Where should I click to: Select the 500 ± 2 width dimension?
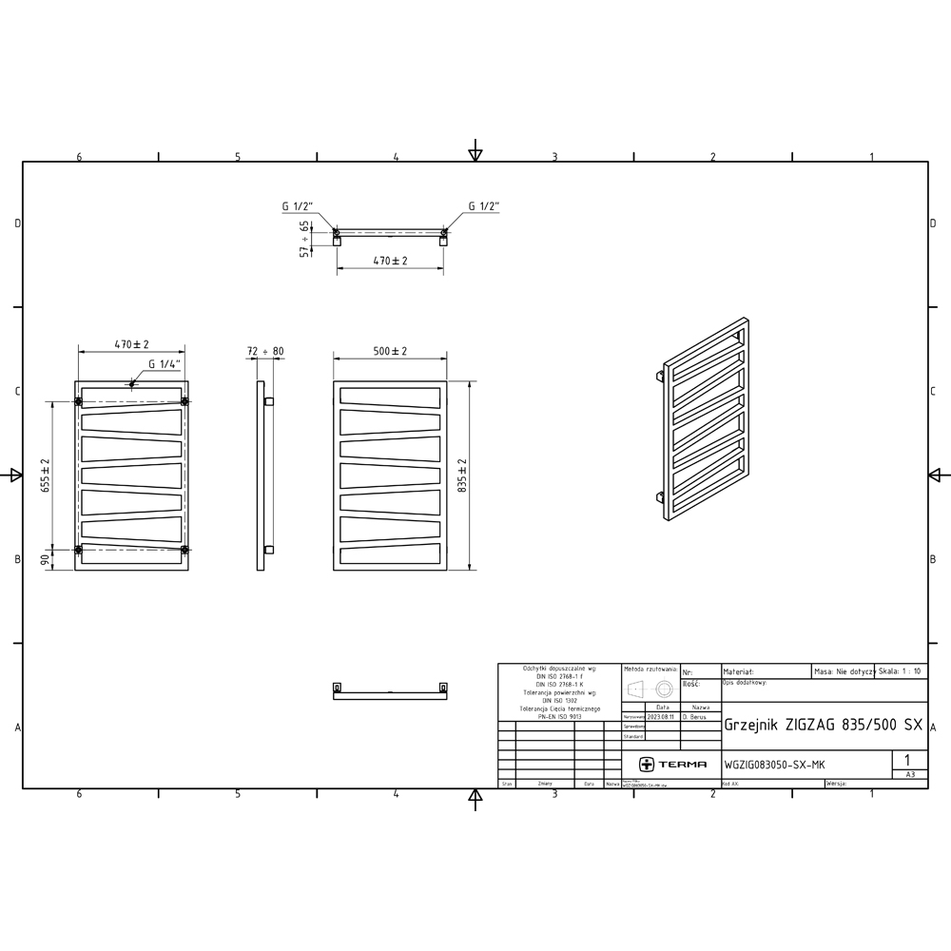390,351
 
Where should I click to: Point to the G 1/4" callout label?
165,364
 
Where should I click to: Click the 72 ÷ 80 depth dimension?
264,351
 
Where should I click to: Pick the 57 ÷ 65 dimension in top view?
305,239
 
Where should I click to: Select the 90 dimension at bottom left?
44,560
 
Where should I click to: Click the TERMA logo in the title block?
672,764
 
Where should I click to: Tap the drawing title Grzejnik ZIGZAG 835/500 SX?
823,724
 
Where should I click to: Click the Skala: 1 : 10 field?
900,670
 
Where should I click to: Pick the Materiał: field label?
740,670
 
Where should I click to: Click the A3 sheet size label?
910,775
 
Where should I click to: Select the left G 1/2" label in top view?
298,205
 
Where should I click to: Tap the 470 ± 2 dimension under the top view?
390,261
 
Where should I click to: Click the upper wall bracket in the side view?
270,401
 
